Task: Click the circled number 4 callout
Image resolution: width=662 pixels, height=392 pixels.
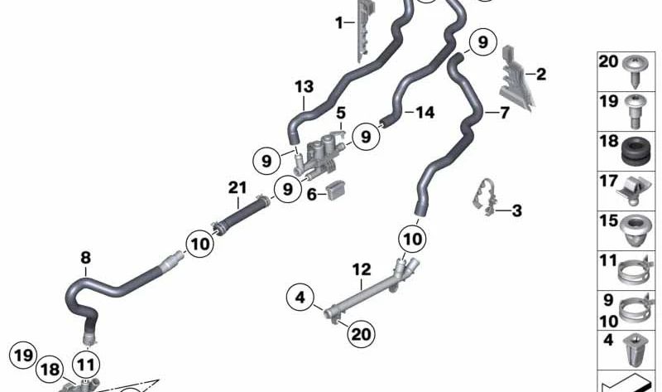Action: pos(300,298)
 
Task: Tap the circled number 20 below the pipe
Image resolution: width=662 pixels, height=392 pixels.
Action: pos(361,334)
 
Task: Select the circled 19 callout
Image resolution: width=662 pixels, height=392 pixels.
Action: pos(23,356)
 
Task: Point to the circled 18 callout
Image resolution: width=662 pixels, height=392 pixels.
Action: pos(50,370)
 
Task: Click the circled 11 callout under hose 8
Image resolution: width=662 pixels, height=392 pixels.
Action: pos(86,365)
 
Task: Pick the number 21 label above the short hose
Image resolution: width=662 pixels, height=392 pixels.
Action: pos(237,187)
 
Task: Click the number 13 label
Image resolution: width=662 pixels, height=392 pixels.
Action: pos(304,87)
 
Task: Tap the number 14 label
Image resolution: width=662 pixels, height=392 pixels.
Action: pos(425,113)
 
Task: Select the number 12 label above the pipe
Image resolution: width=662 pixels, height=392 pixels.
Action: pos(362,269)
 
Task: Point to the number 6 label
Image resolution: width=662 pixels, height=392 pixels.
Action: pos(312,195)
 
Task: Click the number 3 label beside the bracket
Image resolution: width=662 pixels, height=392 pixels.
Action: pos(516,211)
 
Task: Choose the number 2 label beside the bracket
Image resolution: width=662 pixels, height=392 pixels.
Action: pos(541,75)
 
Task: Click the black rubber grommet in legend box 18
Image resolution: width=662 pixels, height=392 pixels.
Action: pos(636,152)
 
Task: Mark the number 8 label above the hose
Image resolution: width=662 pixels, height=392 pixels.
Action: pos(86,257)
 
